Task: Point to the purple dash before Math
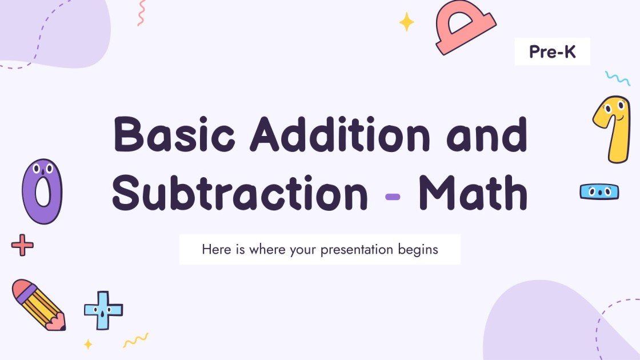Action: coord(393,197)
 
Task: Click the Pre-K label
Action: coord(552,53)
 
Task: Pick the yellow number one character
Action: coord(611,128)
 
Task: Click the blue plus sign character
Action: coord(103,310)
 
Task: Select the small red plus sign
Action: coord(22,245)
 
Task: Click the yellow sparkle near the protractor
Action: coord(407,22)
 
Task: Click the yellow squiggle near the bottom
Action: coord(136,340)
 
